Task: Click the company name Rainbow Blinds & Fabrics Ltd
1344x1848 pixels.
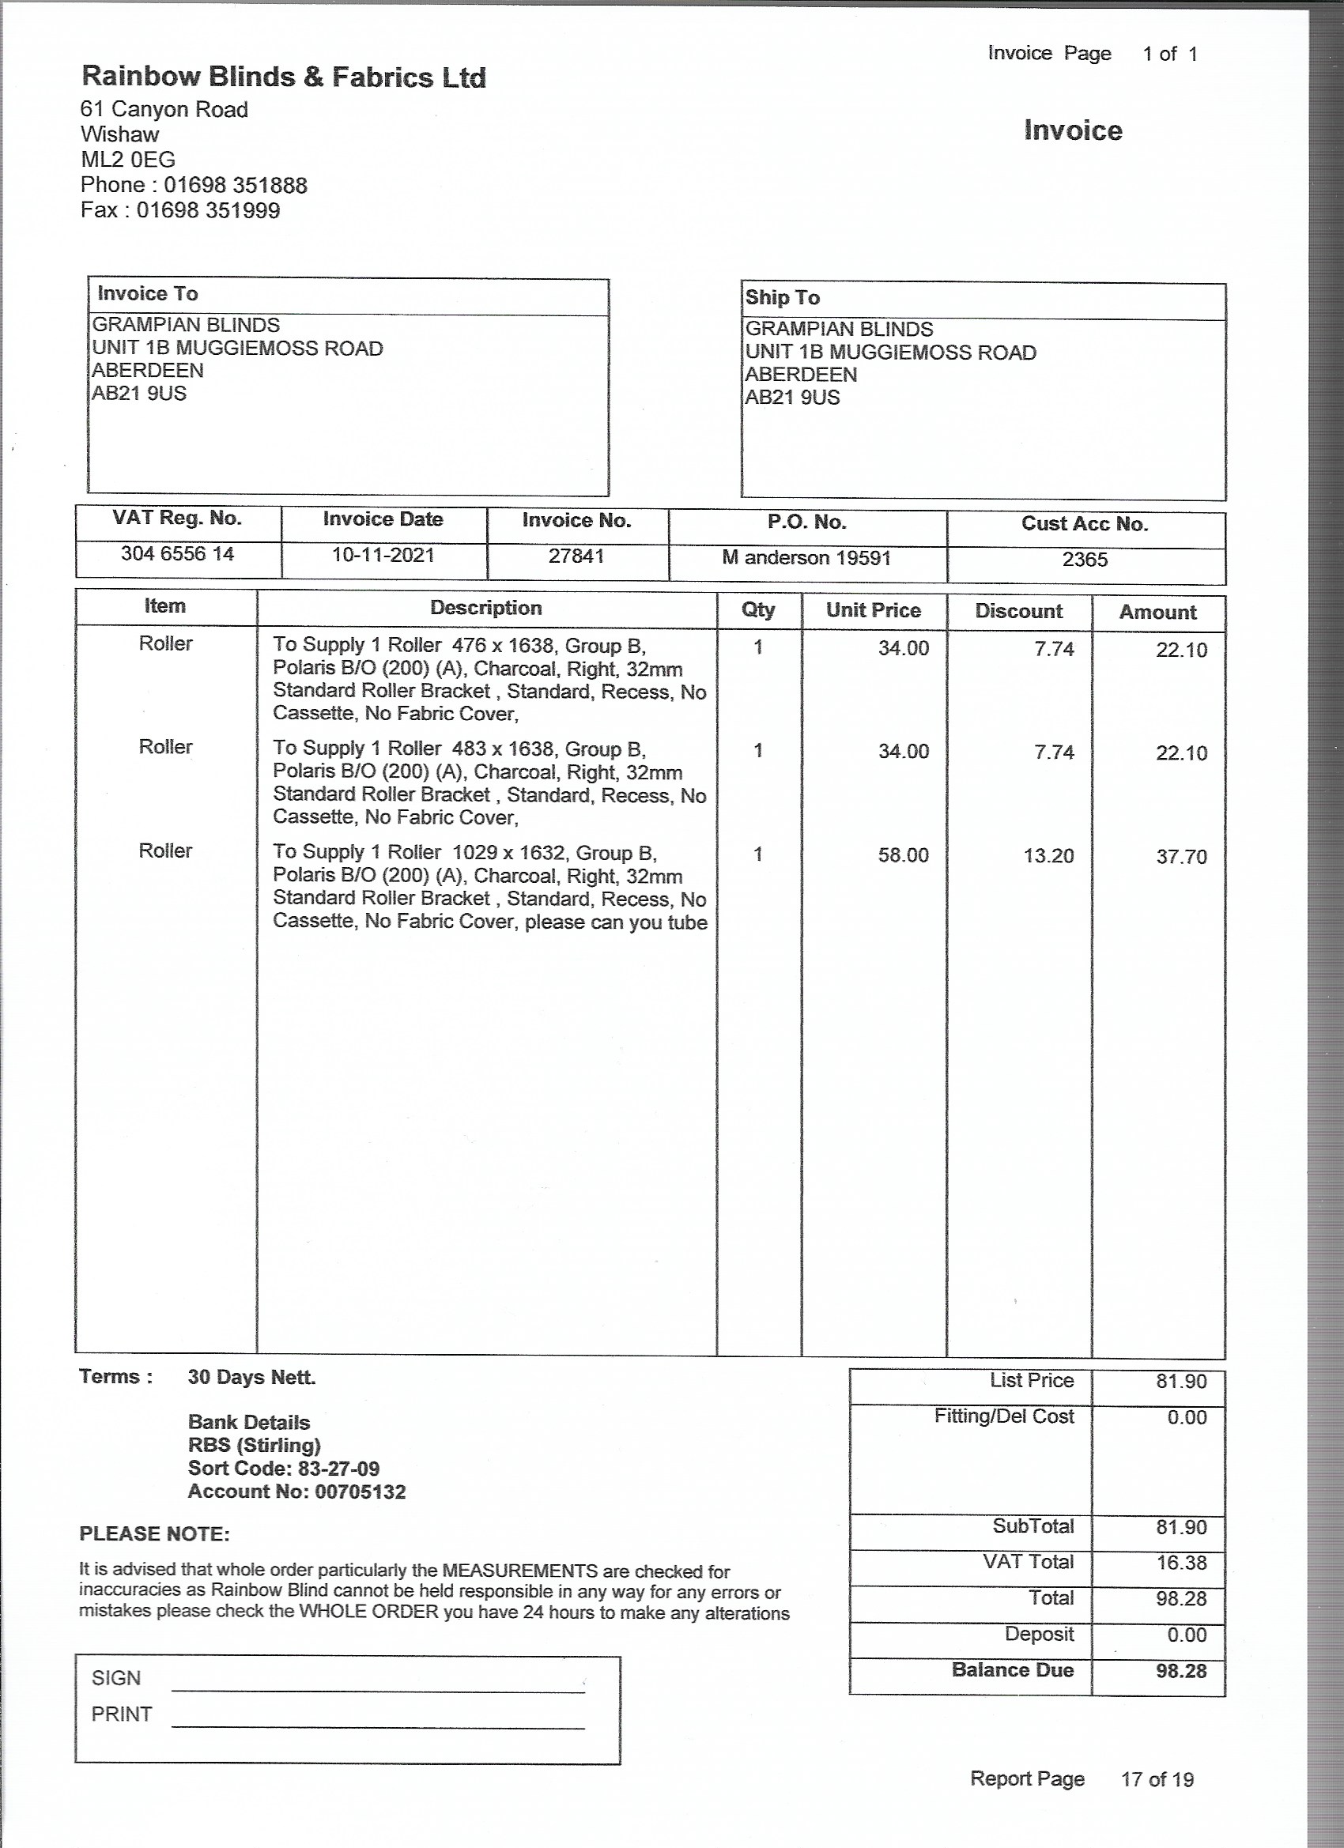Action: pos(284,77)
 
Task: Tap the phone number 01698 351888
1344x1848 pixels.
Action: pos(236,186)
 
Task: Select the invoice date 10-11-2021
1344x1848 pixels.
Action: pos(383,556)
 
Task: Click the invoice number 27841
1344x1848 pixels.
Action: pos(576,556)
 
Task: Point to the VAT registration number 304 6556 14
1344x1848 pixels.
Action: pos(178,554)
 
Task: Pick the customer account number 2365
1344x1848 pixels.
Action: pos(1085,560)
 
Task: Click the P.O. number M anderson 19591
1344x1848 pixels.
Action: pos(806,558)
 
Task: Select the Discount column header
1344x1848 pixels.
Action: pos(1019,611)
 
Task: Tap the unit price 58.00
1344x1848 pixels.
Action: pos(903,855)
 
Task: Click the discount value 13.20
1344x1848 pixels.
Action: pos(1049,856)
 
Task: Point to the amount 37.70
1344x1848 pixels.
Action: pos(1181,857)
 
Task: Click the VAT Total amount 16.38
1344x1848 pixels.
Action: pos(1181,1563)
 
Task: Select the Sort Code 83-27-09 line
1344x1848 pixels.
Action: pos(284,1469)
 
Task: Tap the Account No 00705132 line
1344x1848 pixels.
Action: pos(296,1492)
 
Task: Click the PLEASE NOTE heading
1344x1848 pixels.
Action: pos(154,1534)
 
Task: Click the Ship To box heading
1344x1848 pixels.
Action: pos(783,298)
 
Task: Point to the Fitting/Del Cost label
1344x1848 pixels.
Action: pos(1004,1417)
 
